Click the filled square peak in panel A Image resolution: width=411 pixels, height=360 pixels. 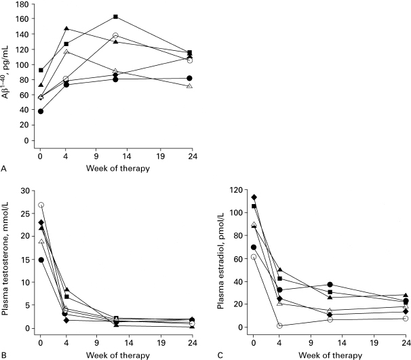pos(115,16)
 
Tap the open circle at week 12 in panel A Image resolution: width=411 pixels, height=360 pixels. pos(115,35)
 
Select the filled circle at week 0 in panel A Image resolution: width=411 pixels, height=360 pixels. pos(41,111)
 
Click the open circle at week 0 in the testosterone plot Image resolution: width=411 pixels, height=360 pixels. pos(41,205)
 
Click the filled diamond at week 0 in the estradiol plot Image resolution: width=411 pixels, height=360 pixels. pos(254,197)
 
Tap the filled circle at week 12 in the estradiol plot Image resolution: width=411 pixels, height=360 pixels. pos(330,285)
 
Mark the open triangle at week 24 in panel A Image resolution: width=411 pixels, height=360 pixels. pos(189,86)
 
